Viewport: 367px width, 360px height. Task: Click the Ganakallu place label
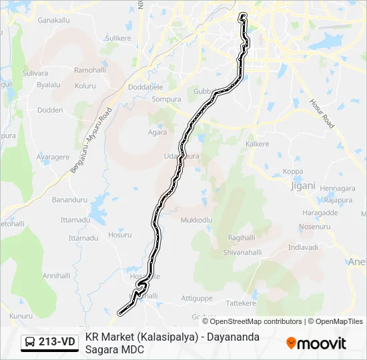click(x=54, y=21)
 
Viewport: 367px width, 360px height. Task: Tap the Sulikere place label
click(x=118, y=39)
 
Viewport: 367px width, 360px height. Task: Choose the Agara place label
click(x=157, y=132)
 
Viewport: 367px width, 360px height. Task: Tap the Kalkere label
click(x=257, y=144)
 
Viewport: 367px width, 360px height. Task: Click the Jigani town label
click(x=302, y=186)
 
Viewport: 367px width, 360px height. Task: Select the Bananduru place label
click(x=70, y=199)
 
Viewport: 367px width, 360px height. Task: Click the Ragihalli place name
click(x=242, y=238)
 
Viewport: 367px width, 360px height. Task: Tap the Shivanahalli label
click(x=241, y=252)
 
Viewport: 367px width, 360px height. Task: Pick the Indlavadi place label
click(x=303, y=247)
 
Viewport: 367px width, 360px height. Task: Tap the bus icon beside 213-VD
click(x=30, y=343)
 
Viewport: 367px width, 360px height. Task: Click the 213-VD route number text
click(x=57, y=343)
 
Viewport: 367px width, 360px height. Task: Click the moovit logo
click(x=316, y=343)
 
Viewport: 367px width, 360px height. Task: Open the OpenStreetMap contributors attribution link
click(x=256, y=321)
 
